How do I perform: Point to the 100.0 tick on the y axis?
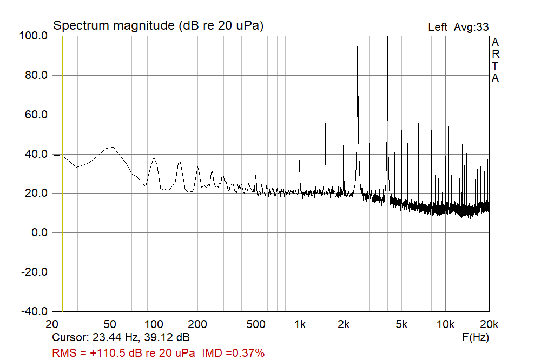(35, 36)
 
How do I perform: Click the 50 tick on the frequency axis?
(110, 324)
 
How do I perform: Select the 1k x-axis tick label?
(300, 324)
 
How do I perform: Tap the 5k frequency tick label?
(401, 324)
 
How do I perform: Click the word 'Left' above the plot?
(438, 27)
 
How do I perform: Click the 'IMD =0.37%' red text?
(234, 353)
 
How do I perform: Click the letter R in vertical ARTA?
(496, 54)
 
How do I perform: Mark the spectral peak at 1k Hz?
(300, 159)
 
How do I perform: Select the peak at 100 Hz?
(154, 157)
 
